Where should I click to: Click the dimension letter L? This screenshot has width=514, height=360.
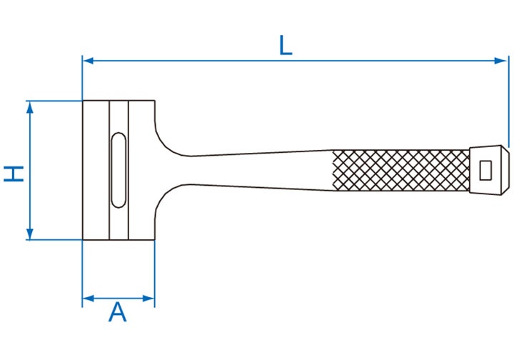click(285, 45)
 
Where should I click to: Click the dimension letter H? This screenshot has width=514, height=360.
click(14, 174)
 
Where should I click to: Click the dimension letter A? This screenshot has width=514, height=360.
click(117, 312)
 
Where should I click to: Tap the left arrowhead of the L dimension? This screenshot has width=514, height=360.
click(89, 61)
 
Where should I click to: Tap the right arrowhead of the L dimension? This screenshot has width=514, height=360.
click(500, 61)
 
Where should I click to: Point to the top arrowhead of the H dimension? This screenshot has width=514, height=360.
click(30, 107)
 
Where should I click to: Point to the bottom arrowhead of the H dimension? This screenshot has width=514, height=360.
click(30, 234)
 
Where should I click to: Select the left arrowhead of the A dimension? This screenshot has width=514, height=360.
click(89, 299)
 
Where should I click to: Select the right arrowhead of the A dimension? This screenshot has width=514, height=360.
click(148, 299)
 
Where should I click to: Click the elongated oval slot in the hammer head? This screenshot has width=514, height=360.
click(119, 170)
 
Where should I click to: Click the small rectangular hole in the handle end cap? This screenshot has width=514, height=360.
click(485, 171)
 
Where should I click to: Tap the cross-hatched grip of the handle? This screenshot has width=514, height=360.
click(401, 170)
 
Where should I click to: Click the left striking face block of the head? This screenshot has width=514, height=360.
click(96, 170)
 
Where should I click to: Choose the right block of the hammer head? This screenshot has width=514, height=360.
click(141, 170)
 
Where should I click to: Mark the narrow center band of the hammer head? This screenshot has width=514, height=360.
click(119, 170)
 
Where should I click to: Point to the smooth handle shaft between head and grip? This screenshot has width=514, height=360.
click(262, 170)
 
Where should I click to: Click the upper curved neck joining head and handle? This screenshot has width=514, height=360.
click(171, 138)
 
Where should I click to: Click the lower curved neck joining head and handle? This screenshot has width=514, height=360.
click(171, 203)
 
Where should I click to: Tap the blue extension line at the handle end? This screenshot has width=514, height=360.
click(509, 101)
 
